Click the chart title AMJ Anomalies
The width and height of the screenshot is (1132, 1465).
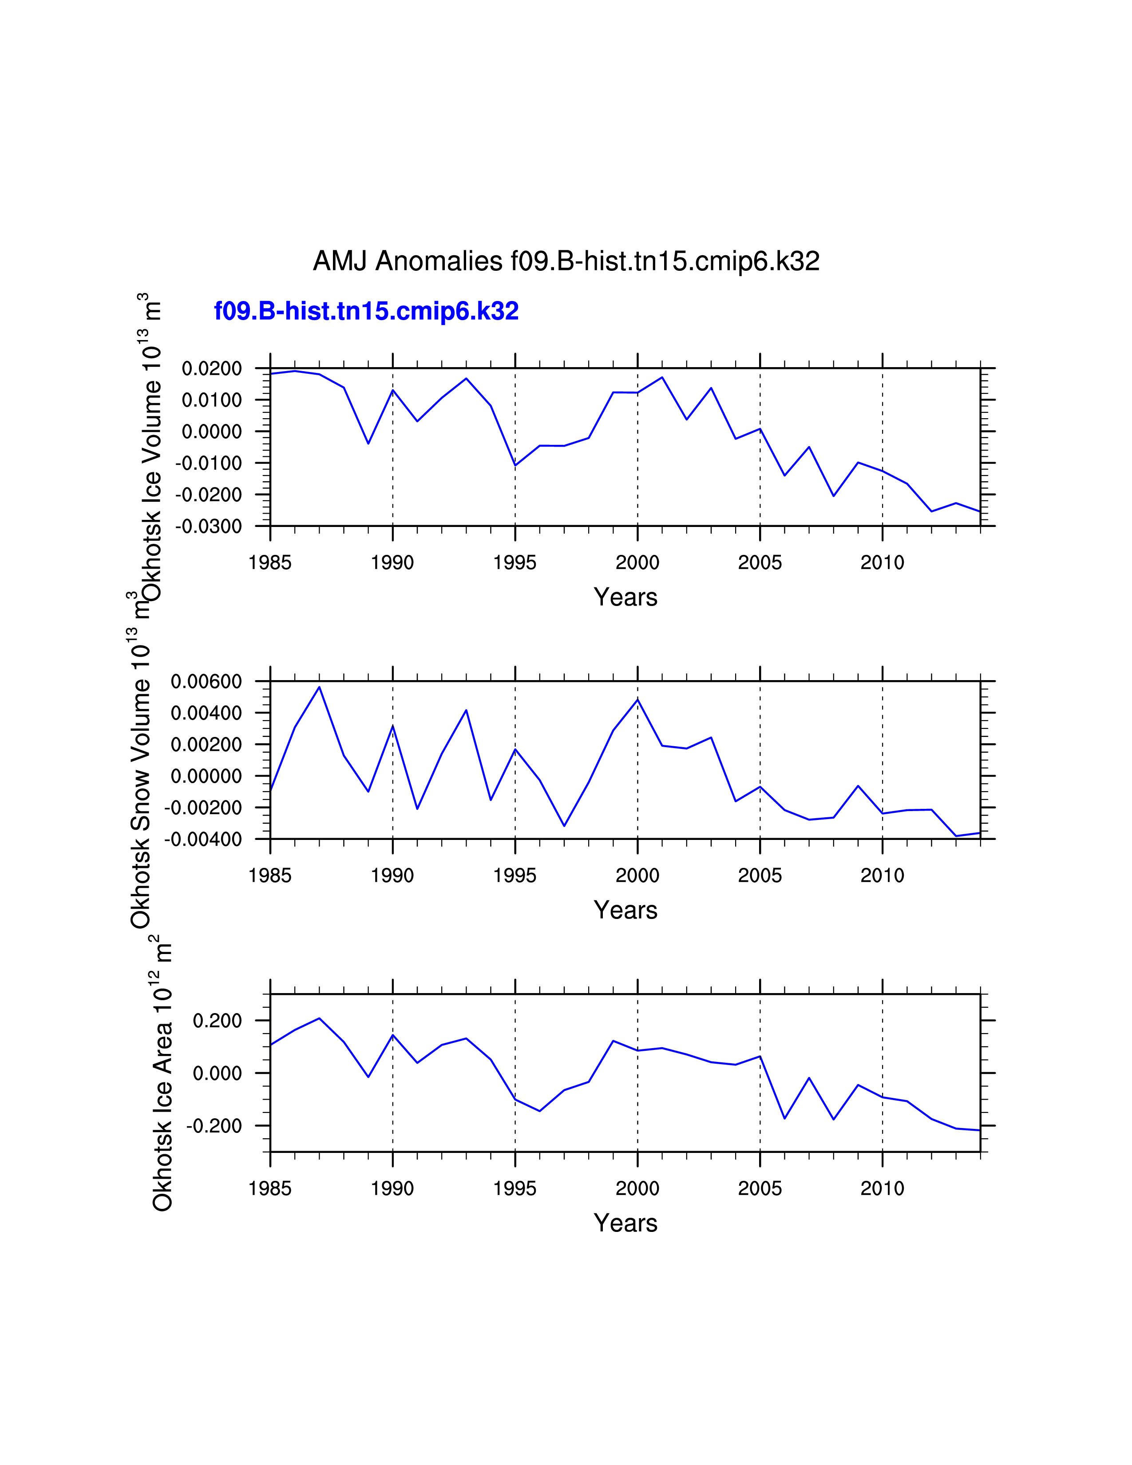tap(566, 261)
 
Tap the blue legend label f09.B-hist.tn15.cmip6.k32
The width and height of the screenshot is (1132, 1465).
tap(366, 311)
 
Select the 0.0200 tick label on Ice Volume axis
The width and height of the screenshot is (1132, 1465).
tap(212, 368)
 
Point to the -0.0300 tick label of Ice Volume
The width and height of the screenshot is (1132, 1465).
tap(209, 527)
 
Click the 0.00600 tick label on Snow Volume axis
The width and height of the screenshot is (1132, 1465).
tap(206, 681)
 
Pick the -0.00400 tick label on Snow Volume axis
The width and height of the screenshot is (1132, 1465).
tap(203, 839)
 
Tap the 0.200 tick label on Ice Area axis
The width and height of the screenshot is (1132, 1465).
tap(217, 1021)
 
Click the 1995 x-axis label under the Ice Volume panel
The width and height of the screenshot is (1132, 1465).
tap(515, 563)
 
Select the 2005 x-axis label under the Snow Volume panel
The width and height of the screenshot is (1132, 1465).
tap(760, 875)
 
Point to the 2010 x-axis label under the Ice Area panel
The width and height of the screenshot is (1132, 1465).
tap(882, 1188)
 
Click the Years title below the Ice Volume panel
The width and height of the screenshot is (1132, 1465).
tap(625, 597)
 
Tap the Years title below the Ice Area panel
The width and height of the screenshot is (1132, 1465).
tap(625, 1223)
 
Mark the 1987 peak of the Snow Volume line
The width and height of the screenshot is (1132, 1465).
tap(319, 687)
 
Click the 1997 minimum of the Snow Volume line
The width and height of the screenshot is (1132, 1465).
tap(564, 826)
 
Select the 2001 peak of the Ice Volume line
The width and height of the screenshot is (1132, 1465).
tap(662, 377)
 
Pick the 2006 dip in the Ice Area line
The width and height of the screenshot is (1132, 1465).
tap(784, 1118)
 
